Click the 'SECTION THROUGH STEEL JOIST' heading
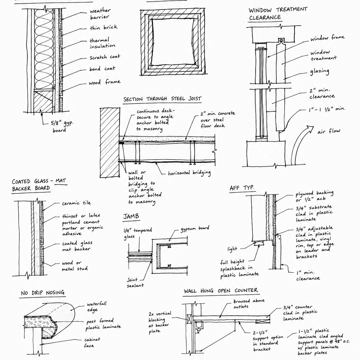pyautogui.click(x=162, y=99)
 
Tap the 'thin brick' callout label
pyautogui.click(x=104, y=27)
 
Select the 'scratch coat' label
pyautogui.click(x=105, y=57)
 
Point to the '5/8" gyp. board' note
pyautogui.click(x=62, y=126)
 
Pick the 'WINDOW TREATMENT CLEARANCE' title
pyautogui.click(x=278, y=14)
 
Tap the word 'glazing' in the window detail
pyautogui.click(x=320, y=72)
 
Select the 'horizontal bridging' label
pyautogui.click(x=189, y=173)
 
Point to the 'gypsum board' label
pyautogui.click(x=195, y=229)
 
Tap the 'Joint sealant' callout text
pyautogui.click(x=135, y=283)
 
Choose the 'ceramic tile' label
pyautogui.click(x=76, y=203)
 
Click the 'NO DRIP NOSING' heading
pyautogui.click(x=43, y=293)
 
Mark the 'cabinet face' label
pyautogui.click(x=92, y=342)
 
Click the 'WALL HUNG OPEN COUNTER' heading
pyautogui.click(x=221, y=291)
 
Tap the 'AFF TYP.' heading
pyautogui.click(x=242, y=188)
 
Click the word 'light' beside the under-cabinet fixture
pyautogui.click(x=232, y=249)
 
